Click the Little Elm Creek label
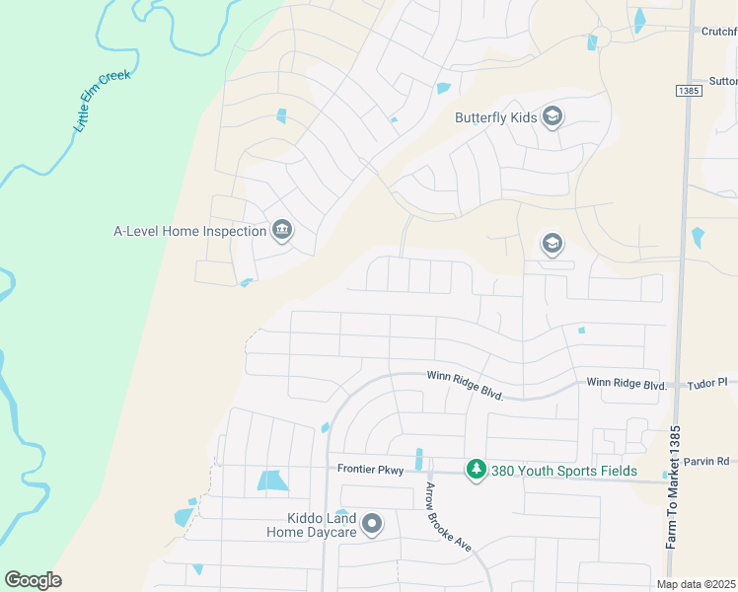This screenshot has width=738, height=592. [103, 102]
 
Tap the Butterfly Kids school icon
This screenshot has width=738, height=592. [552, 117]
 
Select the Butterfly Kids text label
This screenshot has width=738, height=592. [495, 117]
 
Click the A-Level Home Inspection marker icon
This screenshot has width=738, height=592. [282, 231]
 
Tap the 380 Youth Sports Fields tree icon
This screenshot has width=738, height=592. [477, 471]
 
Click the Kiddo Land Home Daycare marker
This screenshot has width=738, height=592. [372, 524]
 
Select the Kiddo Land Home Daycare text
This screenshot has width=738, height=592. [313, 525]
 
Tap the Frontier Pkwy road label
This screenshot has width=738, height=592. [370, 470]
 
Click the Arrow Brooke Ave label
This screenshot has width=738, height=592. [448, 517]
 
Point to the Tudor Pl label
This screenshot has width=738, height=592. [707, 382]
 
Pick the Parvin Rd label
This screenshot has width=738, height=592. [709, 461]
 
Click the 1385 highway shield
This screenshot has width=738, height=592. [688, 91]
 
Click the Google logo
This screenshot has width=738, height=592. [33, 580]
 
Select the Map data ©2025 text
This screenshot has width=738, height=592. [697, 584]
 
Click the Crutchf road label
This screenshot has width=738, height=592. [719, 32]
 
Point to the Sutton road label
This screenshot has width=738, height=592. [722, 81]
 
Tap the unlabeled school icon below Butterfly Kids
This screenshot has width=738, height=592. [552, 243]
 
